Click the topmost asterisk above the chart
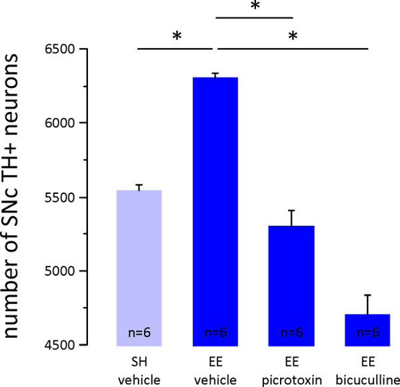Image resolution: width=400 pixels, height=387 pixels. [x=254, y=7]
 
